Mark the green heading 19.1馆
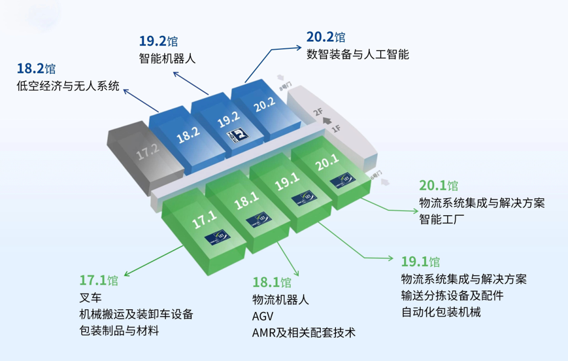click(x=420, y=262)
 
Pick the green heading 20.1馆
click(x=439, y=185)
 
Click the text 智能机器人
click(x=167, y=58)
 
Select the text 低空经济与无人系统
click(x=68, y=86)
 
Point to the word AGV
click(x=263, y=316)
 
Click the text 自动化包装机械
click(x=441, y=312)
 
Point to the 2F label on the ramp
click(x=319, y=112)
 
